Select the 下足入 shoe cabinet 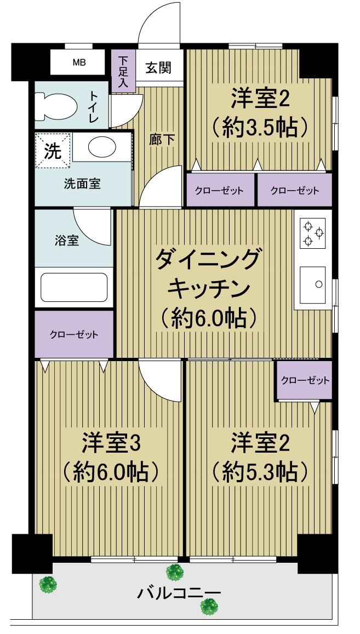coord(123,71)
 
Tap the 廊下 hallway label coord(162,140)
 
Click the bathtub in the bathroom coord(74,288)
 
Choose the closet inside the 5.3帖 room coord(305,380)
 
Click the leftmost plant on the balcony coord(48,584)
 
